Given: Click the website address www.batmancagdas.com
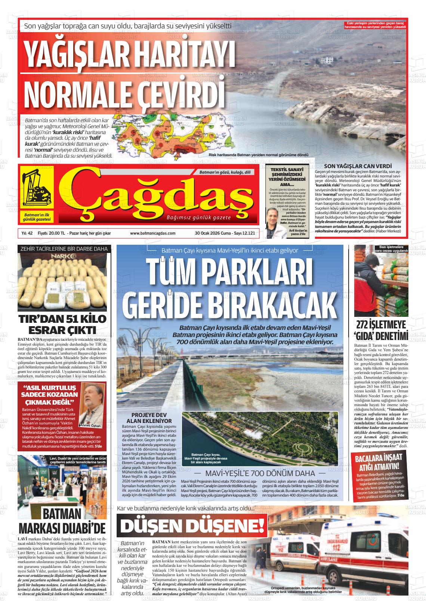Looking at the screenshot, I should pos(152,233).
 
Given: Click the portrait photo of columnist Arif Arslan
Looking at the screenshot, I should pos(277,220).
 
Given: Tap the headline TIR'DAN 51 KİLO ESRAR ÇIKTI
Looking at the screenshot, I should pos(62,324).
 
